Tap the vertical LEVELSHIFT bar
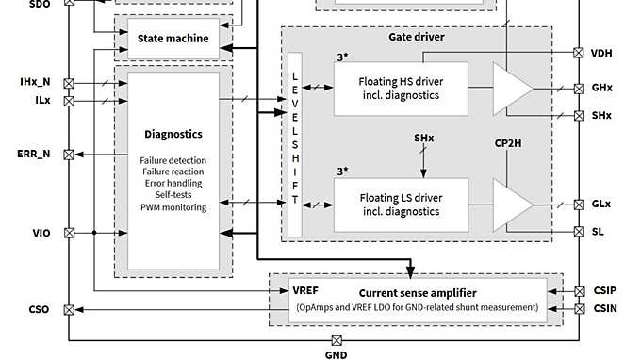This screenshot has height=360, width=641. (x=294, y=144)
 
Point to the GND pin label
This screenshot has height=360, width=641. (x=336, y=354)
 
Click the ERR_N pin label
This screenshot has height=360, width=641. (x=33, y=154)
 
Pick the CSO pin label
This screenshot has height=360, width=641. (x=39, y=309)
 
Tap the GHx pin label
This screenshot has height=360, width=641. (x=602, y=88)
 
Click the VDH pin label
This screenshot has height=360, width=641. (x=601, y=54)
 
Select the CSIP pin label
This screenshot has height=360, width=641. (x=604, y=292)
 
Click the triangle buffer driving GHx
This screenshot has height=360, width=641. (x=512, y=88)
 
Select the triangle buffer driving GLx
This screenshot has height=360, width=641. (x=512, y=205)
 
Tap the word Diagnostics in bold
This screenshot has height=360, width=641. (x=173, y=135)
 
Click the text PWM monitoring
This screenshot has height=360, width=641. (x=173, y=206)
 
